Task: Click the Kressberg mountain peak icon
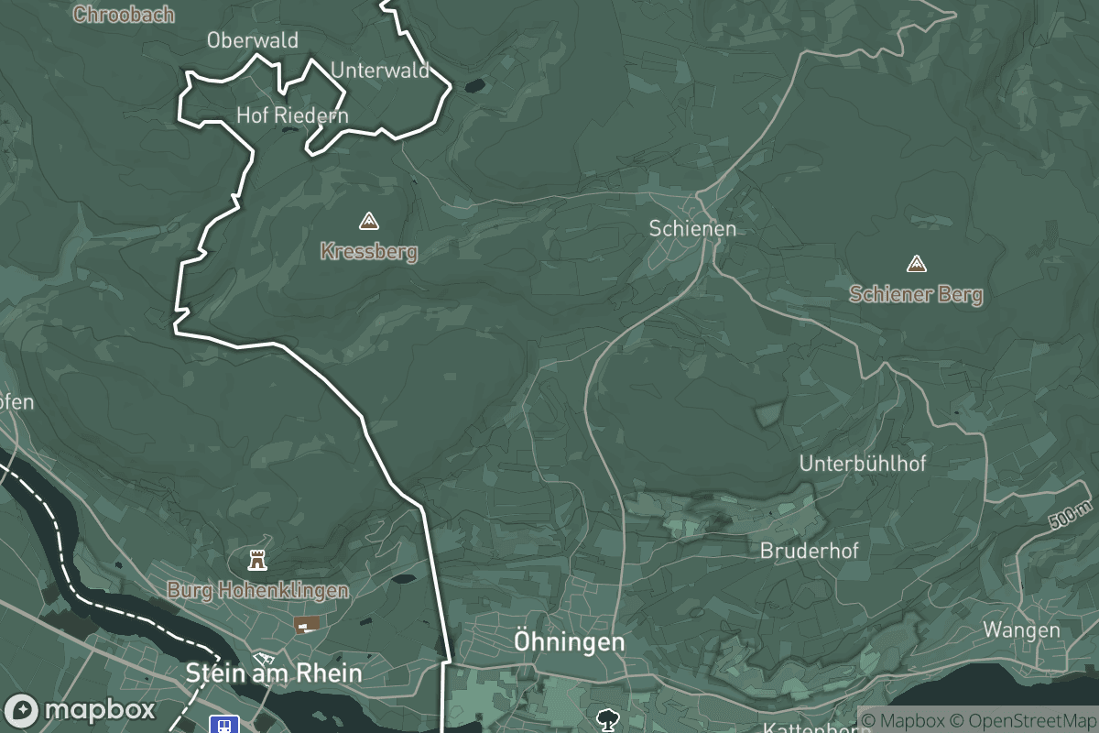point(368,221)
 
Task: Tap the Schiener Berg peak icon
point(915,265)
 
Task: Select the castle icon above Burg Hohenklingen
point(257,559)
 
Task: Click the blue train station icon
point(223,725)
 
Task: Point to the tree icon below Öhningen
point(605,719)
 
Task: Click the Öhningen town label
point(569,642)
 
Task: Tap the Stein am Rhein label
point(274,673)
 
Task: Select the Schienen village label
point(692,229)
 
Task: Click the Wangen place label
point(1021,630)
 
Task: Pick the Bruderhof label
point(810,552)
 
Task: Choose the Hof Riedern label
point(292,115)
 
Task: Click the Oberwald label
point(252,40)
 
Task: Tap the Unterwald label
point(379,71)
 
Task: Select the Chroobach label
point(123,15)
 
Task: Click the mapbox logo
point(80,710)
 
